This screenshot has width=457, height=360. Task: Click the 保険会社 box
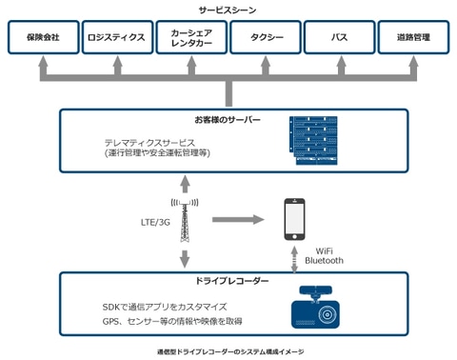click(x=43, y=38)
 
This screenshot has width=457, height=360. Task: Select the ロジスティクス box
click(x=115, y=38)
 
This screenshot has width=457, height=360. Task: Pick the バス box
click(x=339, y=38)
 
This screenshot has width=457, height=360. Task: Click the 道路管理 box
click(x=413, y=38)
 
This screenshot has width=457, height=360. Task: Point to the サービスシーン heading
click(x=228, y=10)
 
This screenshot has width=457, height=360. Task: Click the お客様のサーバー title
click(x=228, y=121)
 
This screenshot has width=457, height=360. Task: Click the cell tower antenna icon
click(x=185, y=222)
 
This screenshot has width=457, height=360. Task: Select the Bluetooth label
click(x=324, y=260)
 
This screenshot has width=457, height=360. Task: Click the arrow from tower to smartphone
click(x=236, y=220)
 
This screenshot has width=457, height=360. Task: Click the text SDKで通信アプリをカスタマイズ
click(x=164, y=307)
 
